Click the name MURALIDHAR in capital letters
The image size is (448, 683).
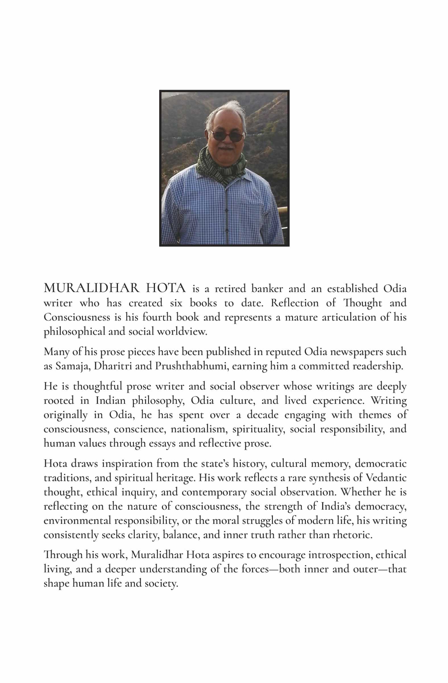click(x=92, y=288)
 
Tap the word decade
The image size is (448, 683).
click(x=263, y=415)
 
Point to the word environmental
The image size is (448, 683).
click(x=77, y=521)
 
